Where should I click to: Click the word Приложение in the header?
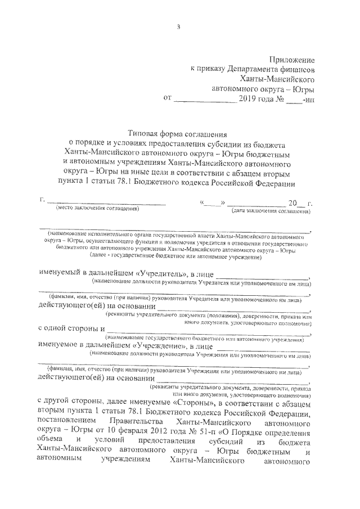pyautogui.click(x=291, y=59)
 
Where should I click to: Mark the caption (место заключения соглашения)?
pyautogui.click(x=97, y=209)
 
